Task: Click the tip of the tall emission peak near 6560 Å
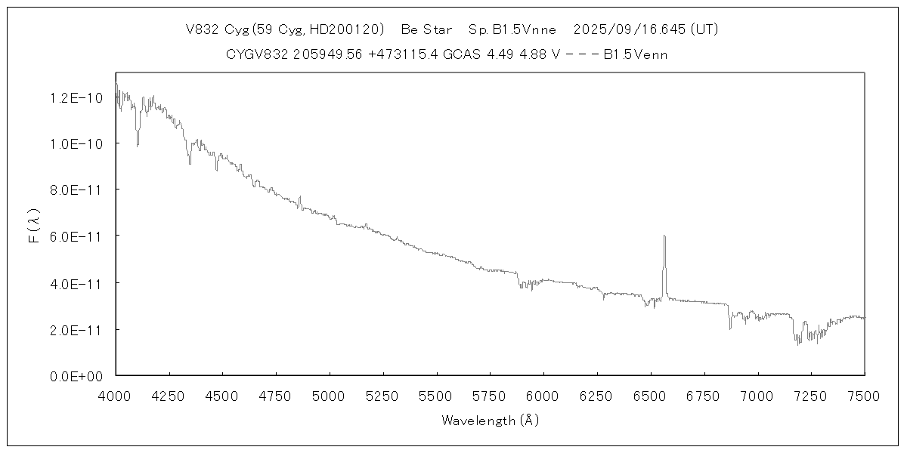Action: coord(664,236)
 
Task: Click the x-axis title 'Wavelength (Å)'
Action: coord(490,420)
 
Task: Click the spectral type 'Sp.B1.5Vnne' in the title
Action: coord(512,30)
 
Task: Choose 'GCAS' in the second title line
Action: coord(460,54)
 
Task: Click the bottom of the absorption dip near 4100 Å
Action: coord(137,145)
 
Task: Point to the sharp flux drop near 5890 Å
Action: coord(519,281)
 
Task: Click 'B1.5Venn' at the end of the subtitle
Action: coord(635,54)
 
